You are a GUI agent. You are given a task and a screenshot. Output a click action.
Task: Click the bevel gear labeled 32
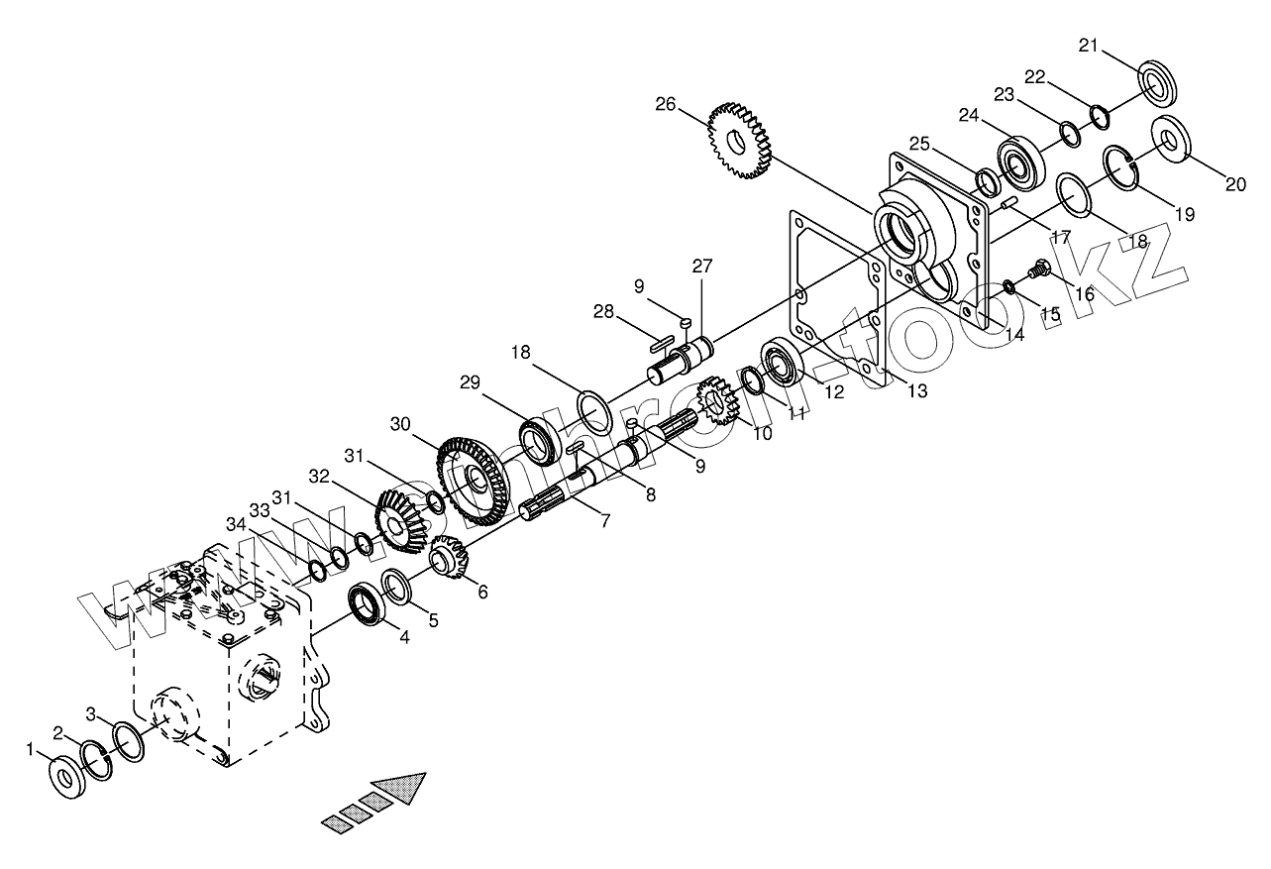(x=400, y=520)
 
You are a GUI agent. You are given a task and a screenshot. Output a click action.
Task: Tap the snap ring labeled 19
(x=1122, y=165)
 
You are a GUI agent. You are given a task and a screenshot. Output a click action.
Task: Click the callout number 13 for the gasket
(x=916, y=391)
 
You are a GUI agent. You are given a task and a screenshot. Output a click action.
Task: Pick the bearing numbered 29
(x=540, y=439)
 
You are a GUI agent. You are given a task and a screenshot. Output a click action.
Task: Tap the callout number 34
(x=235, y=523)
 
